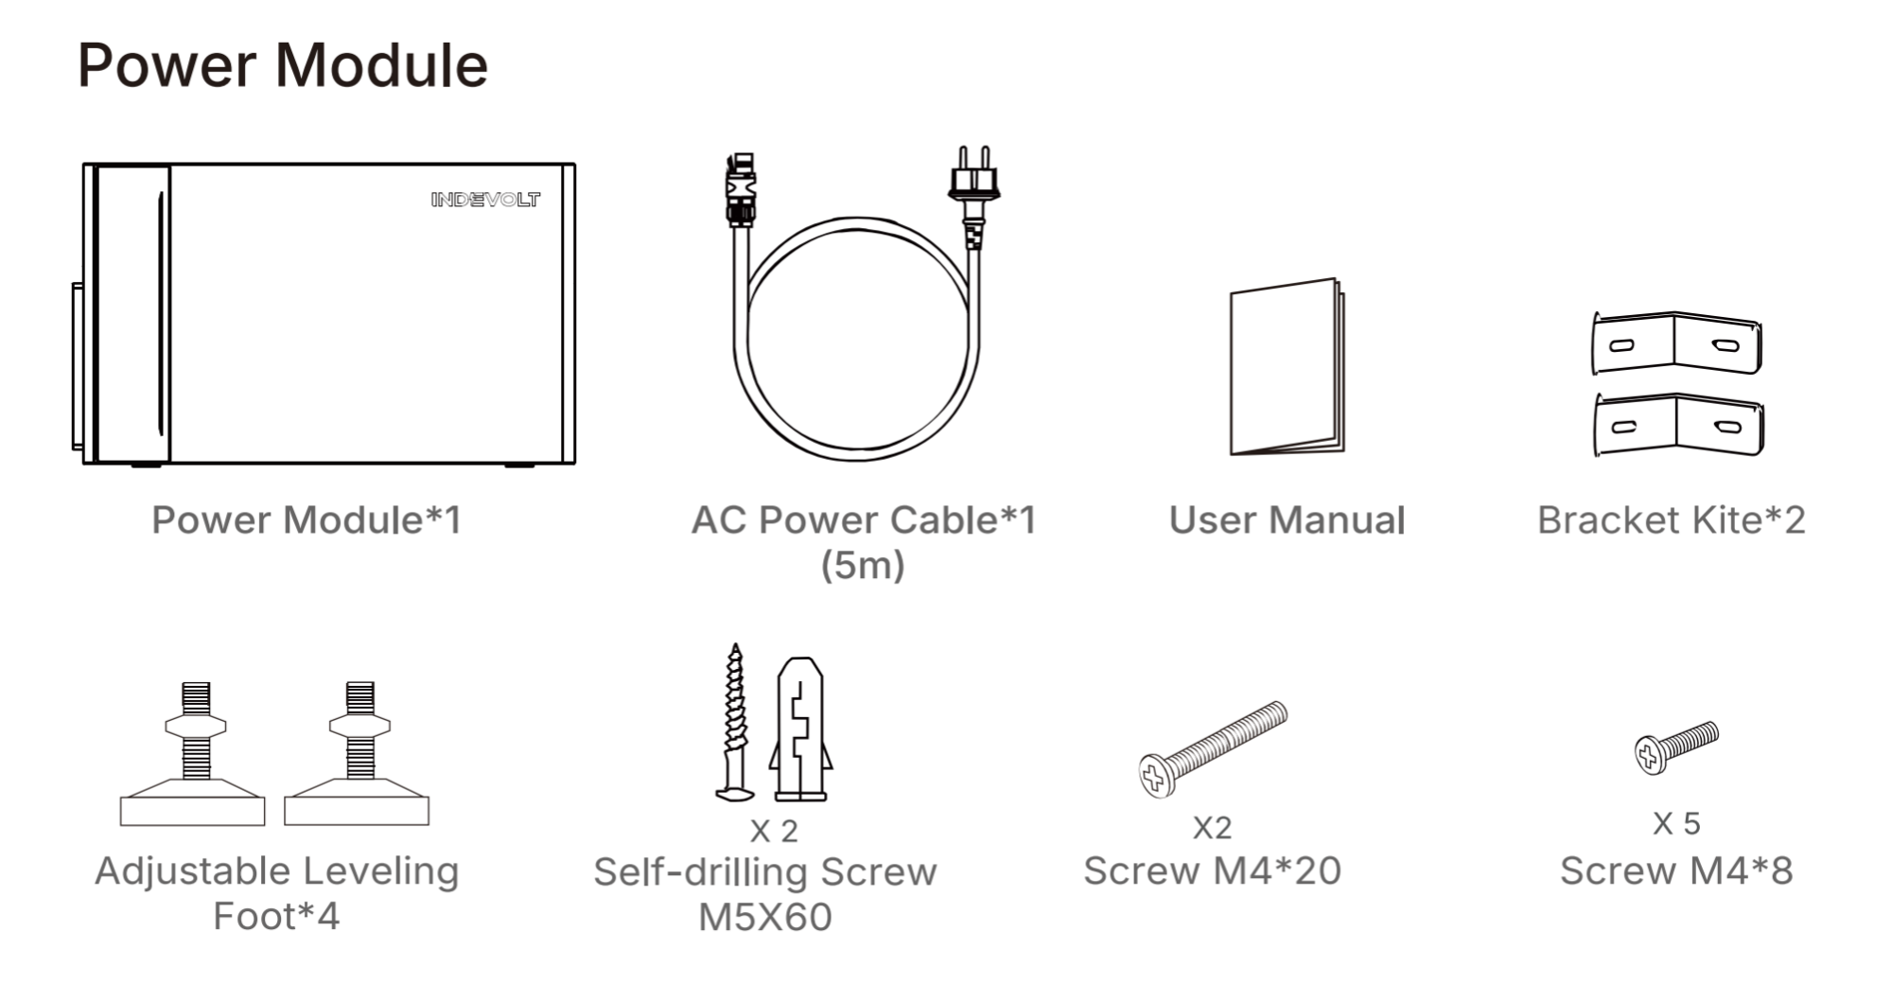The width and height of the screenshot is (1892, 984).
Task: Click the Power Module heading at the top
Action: click(x=282, y=65)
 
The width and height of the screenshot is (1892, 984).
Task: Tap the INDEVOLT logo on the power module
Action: click(x=485, y=199)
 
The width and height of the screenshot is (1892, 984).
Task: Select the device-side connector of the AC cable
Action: click(x=741, y=190)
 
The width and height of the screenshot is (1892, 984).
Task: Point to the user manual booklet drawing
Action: click(x=1287, y=367)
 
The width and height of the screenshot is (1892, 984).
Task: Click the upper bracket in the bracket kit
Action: click(x=1676, y=343)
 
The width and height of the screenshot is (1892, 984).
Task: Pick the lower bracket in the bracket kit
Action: click(x=1678, y=425)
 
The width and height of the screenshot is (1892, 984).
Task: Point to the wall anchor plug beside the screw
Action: click(x=800, y=729)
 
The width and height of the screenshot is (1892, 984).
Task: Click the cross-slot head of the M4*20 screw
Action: click(x=1155, y=775)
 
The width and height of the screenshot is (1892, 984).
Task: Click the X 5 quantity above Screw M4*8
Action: click(x=1676, y=823)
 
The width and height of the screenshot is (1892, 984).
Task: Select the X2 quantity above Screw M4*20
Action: click(x=1212, y=828)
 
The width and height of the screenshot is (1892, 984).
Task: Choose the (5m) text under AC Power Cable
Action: click(x=863, y=565)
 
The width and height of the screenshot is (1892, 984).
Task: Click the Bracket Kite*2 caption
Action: click(x=1672, y=519)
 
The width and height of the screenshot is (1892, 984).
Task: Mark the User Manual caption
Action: click(x=1287, y=519)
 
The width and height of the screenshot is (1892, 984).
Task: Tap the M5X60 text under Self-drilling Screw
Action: click(x=765, y=917)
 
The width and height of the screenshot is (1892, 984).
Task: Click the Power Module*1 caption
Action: click(x=307, y=519)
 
